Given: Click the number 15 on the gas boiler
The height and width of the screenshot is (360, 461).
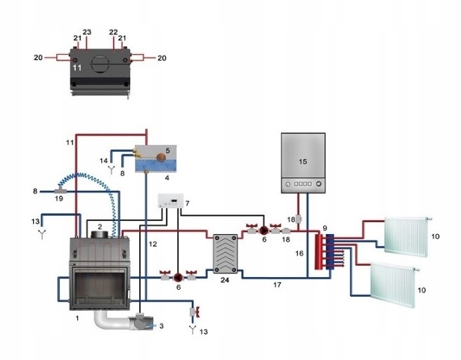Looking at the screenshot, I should [x=303, y=160].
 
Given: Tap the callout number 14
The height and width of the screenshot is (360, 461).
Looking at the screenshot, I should [x=103, y=161].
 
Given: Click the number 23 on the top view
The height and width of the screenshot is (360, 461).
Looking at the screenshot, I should [x=87, y=32].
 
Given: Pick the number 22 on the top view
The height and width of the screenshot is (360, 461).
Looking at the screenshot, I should [x=112, y=32].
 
